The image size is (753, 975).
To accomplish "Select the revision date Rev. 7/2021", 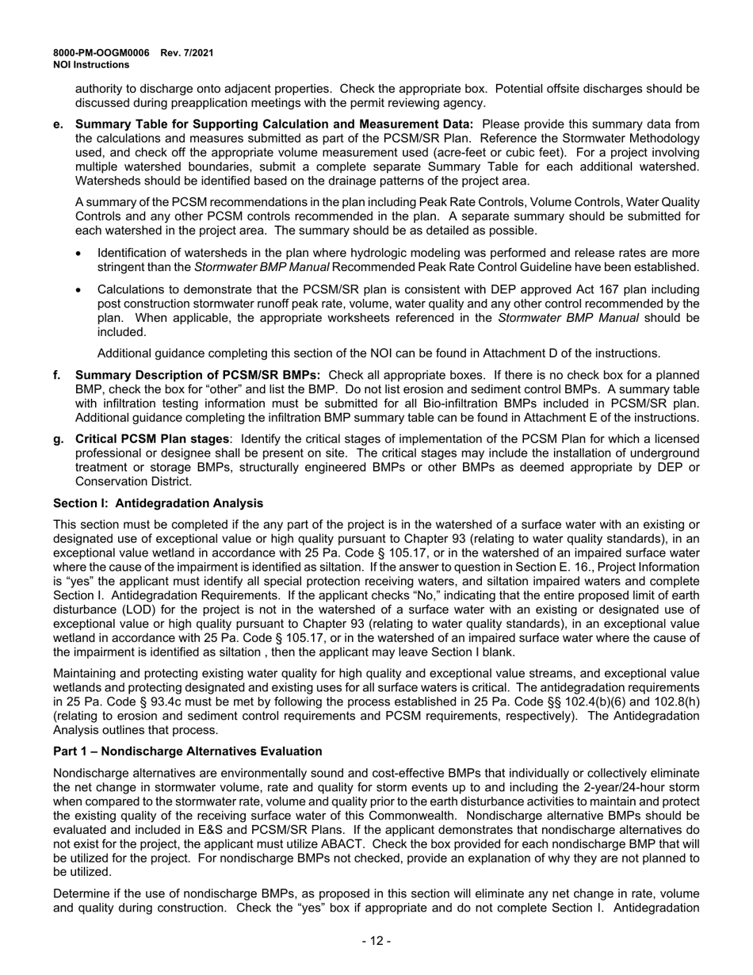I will tap(187, 53).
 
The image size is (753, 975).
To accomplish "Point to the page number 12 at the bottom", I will tap(376, 941).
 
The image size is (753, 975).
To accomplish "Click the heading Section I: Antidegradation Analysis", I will tap(158, 503).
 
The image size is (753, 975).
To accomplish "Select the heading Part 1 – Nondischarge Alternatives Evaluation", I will tap(188, 751).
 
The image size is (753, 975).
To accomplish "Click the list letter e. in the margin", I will tap(58, 124).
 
